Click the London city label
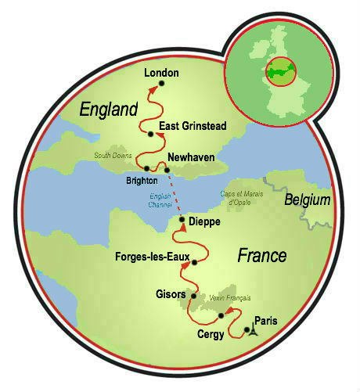(161, 73)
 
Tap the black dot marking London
(161, 84)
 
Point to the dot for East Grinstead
(151, 134)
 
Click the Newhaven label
(191, 155)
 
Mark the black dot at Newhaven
(167, 169)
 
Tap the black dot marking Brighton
(147, 169)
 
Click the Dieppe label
(205, 222)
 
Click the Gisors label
(171, 294)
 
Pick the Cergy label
(211, 334)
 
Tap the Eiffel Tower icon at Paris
(249, 330)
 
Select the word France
(262, 256)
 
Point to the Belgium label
(308, 200)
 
